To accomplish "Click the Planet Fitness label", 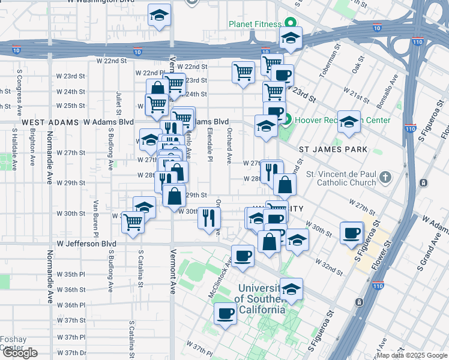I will pyautogui.click(x=255, y=25).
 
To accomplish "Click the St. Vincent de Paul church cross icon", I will pyautogui.click(x=385, y=177).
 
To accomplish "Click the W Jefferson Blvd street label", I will pyautogui.click(x=86, y=244).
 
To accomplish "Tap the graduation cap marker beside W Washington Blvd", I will pyautogui.click(x=160, y=17).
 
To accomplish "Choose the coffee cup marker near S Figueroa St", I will pyautogui.click(x=352, y=233).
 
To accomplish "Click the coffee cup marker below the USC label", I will pyautogui.click(x=226, y=314).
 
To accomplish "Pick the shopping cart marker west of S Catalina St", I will pyautogui.click(x=133, y=223).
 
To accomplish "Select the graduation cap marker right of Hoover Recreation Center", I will pyautogui.click(x=349, y=122).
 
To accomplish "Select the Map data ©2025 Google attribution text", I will pyautogui.click(x=411, y=355).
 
